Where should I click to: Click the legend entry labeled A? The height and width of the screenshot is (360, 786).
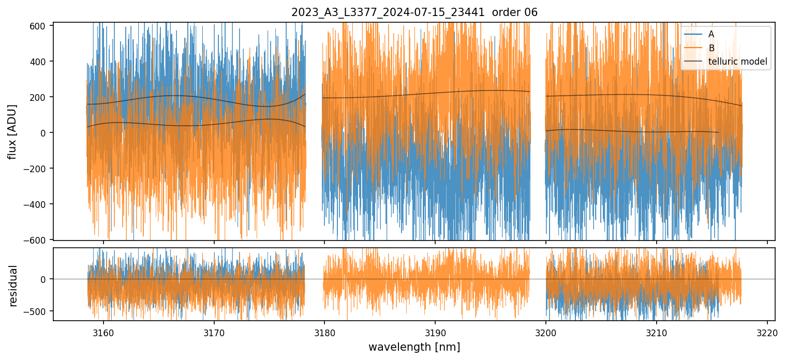pos(711,34)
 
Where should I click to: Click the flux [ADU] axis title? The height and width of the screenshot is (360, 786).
pos(12,131)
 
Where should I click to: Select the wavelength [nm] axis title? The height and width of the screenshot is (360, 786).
pos(414,347)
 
